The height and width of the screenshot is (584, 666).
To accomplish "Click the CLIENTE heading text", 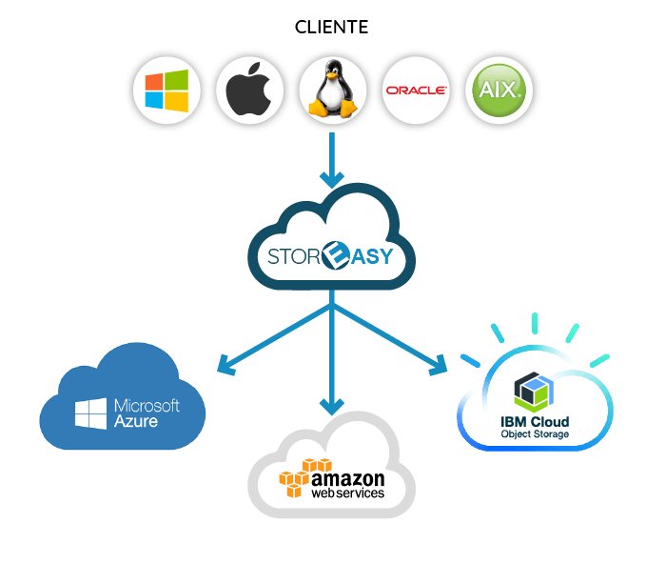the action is point(331,27).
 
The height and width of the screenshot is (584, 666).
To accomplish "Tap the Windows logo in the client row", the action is point(166,91).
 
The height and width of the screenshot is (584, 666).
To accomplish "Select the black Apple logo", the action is point(248,89).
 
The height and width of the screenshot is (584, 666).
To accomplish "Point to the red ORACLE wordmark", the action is point(416,91).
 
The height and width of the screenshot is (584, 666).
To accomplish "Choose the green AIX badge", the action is point(499,91).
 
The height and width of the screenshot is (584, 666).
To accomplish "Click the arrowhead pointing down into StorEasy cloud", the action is point(332,179).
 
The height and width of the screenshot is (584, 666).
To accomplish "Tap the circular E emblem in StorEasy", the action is point(336,255).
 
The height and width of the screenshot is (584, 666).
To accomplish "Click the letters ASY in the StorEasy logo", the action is point(372,256).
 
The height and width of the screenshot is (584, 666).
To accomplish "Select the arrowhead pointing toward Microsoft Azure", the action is point(226,366).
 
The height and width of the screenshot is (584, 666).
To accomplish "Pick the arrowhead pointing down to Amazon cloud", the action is point(332,407).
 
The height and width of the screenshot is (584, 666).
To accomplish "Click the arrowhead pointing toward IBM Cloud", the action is point(439,366).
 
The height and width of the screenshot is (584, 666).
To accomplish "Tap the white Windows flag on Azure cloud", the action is point(91,413).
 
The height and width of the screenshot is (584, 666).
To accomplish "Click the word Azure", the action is point(136,421).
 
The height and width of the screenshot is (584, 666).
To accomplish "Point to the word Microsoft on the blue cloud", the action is point(147,405).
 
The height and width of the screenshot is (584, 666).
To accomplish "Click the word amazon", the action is point(348,479).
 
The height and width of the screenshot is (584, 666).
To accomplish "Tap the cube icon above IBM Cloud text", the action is point(534,390).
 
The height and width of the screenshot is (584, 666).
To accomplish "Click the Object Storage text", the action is point(535,434).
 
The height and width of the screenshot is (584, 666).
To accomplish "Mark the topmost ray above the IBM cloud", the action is point(535,323).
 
